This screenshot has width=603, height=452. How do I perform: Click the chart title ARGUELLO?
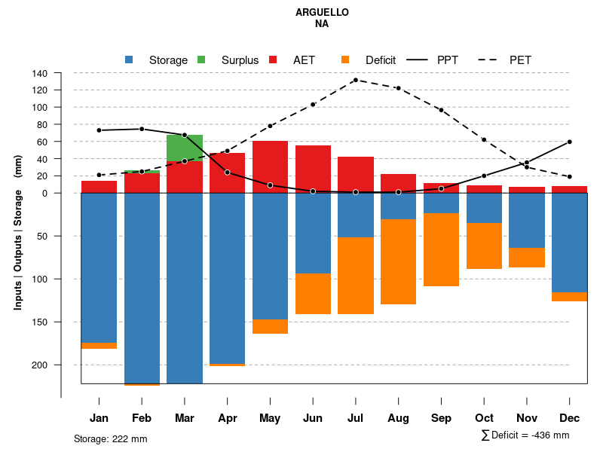coord(322,13)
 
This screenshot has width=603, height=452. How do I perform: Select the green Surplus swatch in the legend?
coord(201,60)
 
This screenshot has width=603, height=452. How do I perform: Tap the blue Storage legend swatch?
coord(129,60)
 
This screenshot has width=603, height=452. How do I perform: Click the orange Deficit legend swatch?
coord(345,60)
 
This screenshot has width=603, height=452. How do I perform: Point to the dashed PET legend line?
coord(491,60)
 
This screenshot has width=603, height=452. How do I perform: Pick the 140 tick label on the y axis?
coord(40,73)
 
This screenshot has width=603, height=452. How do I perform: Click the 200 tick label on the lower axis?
coord(39,365)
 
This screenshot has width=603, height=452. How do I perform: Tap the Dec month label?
coord(570,418)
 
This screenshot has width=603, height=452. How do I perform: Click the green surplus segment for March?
coord(185,147)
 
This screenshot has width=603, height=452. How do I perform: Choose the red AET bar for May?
coord(270,166)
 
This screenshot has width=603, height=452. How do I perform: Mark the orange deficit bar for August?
coord(398,261)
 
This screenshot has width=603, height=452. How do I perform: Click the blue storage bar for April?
coord(227,278)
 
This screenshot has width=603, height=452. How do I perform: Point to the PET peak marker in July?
coord(355,80)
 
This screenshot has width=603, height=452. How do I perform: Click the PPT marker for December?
coord(570,142)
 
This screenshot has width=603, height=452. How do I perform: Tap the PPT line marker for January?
coord(99,130)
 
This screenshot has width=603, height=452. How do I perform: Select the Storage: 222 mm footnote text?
coord(110,438)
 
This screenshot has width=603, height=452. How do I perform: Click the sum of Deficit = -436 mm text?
coord(525,435)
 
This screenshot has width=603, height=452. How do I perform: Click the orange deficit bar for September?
coord(441,249)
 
